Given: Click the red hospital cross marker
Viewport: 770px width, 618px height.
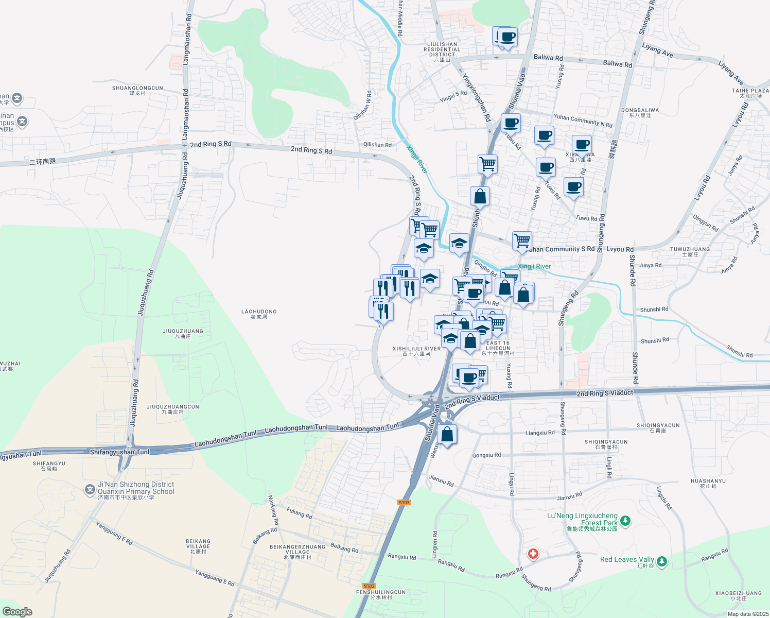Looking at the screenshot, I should [x=533, y=554].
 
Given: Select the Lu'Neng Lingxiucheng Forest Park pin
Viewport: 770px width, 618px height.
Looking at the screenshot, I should [x=625, y=521].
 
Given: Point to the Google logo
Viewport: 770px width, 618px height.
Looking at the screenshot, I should [x=17, y=611].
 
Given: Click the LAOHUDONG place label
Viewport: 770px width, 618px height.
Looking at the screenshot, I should [x=259, y=314].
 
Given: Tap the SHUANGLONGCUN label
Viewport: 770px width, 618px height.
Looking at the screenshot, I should [x=137, y=91].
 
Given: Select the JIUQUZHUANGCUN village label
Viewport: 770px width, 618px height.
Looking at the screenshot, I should [x=173, y=409].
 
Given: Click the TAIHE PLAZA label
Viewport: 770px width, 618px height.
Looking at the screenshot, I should [x=750, y=93].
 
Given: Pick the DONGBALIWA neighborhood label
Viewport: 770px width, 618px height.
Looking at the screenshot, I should [x=640, y=112].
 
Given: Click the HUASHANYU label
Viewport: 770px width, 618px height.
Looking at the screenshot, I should [x=708, y=483].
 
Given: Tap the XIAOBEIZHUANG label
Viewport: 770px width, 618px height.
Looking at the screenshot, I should [x=738, y=595].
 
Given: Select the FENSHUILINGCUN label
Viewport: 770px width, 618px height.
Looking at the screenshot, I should [x=381, y=594].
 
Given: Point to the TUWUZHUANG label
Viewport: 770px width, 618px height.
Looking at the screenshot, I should [x=690, y=251].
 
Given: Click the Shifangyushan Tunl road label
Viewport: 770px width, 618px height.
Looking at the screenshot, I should [x=119, y=452].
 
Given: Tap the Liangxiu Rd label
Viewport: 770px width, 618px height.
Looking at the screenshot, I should [x=540, y=433].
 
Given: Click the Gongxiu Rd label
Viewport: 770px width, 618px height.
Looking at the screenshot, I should [x=486, y=455].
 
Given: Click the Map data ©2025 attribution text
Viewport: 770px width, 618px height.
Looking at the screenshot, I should [x=748, y=613].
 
